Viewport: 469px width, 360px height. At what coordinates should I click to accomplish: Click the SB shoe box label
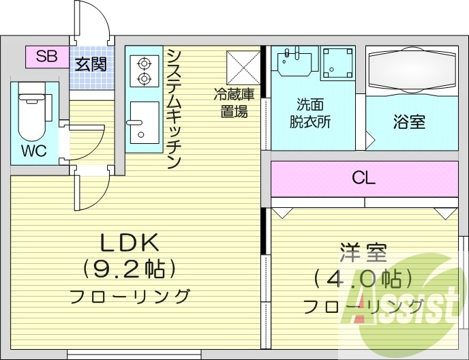tap(46, 57)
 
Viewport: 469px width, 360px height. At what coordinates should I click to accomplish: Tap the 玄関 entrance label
tap(91, 66)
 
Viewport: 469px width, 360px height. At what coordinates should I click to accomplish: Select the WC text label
tap(33, 151)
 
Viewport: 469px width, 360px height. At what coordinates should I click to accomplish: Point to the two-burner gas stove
tap(144, 70)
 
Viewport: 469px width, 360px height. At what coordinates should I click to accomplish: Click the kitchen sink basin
tap(143, 121)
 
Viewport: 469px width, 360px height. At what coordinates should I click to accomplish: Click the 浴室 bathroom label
tap(409, 122)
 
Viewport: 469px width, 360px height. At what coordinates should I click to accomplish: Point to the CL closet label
tap(363, 179)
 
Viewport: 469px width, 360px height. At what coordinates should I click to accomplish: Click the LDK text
tap(130, 242)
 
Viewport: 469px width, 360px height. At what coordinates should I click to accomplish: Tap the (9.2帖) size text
tap(130, 269)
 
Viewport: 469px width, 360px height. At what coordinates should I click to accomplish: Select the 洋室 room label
tap(363, 253)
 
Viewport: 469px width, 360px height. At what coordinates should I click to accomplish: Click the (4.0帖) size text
tap(363, 278)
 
